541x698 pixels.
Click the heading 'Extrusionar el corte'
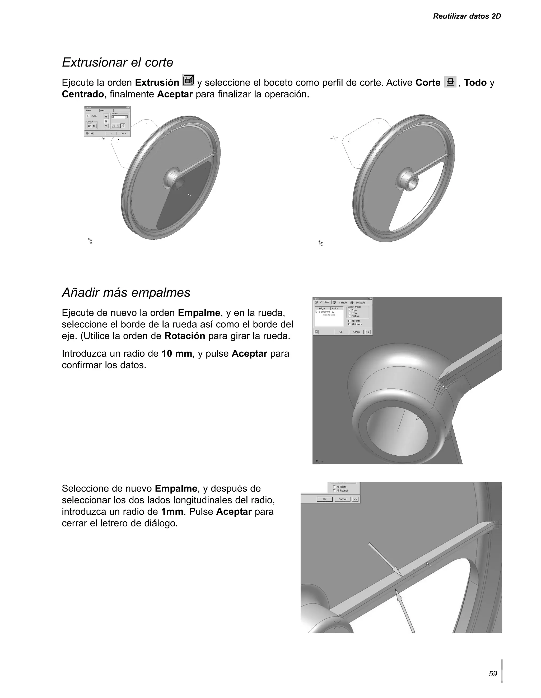coord(117,62)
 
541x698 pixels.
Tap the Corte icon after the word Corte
coord(450,82)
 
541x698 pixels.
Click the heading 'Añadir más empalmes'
coord(126,293)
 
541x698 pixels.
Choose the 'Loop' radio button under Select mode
coord(350,313)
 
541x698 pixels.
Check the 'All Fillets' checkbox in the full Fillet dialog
coord(349,321)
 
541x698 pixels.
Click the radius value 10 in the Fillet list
coord(333,312)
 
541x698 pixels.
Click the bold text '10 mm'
coord(177,353)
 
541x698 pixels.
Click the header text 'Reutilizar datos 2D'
coord(467,16)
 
